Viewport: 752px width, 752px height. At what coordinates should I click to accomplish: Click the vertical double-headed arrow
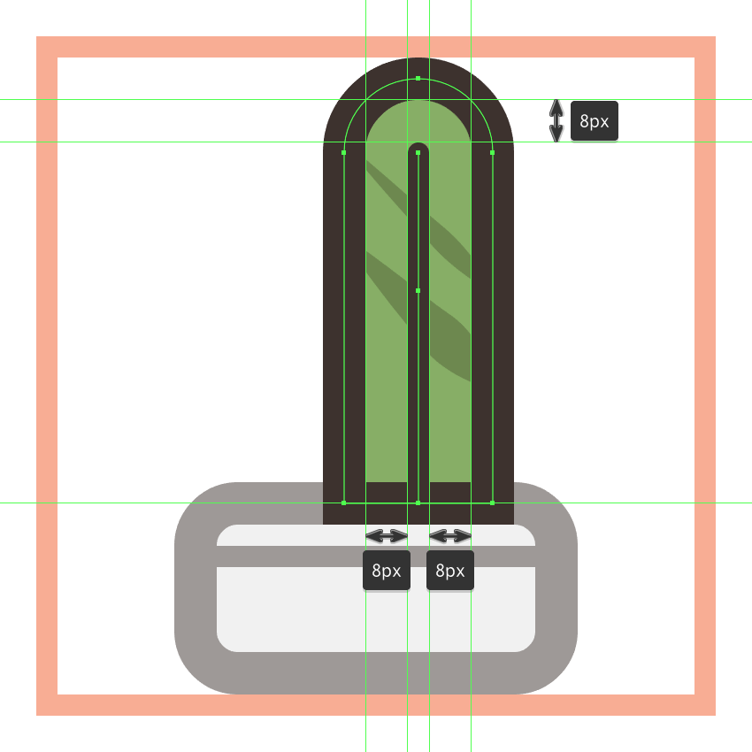(556, 121)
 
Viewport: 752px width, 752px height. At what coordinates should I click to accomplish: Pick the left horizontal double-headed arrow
(387, 536)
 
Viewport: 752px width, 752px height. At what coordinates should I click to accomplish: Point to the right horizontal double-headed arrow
(450, 536)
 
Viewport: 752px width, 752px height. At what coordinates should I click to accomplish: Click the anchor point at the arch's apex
(418, 78)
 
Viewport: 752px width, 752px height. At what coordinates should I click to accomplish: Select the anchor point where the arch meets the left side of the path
(344, 152)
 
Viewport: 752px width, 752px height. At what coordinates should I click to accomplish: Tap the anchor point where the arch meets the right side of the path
(493, 152)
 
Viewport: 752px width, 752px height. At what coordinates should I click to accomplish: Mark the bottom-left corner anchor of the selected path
(344, 503)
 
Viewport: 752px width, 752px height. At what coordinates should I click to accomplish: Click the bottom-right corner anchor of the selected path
(493, 503)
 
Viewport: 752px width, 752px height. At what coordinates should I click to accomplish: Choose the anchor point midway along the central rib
(418, 291)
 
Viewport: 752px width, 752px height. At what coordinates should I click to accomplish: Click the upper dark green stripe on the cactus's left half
(388, 189)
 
